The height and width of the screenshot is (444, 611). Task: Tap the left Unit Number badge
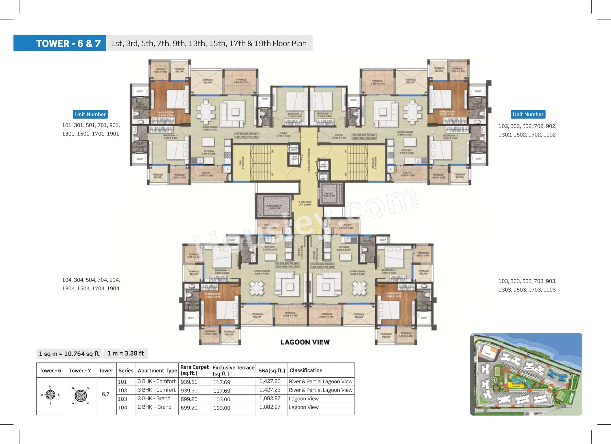point(90,114)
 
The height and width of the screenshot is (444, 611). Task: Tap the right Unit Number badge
point(528,114)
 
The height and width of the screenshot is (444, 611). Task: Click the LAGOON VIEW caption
point(305,342)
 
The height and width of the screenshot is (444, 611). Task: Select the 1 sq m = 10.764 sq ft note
point(69,354)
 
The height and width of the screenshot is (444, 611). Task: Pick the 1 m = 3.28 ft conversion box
point(126,353)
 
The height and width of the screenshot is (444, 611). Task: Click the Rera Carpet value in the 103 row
point(189,399)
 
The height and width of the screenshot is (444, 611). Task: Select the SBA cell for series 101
point(270,381)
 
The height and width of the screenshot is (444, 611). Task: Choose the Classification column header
point(306,370)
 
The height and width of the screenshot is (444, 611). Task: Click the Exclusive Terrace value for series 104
point(222,408)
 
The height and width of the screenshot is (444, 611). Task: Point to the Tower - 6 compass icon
point(50,395)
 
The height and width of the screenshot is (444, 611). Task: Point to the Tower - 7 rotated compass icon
point(81,395)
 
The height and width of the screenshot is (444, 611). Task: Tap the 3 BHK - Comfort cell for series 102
point(157,390)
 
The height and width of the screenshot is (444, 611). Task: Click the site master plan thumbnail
point(526,374)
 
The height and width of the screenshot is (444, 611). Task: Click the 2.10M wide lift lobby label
point(305,203)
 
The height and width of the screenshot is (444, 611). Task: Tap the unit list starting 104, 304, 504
point(91,284)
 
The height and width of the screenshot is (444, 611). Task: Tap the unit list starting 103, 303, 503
point(527,285)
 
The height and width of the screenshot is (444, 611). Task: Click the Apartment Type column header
point(157,370)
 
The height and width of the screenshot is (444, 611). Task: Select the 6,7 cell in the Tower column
point(106,394)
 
